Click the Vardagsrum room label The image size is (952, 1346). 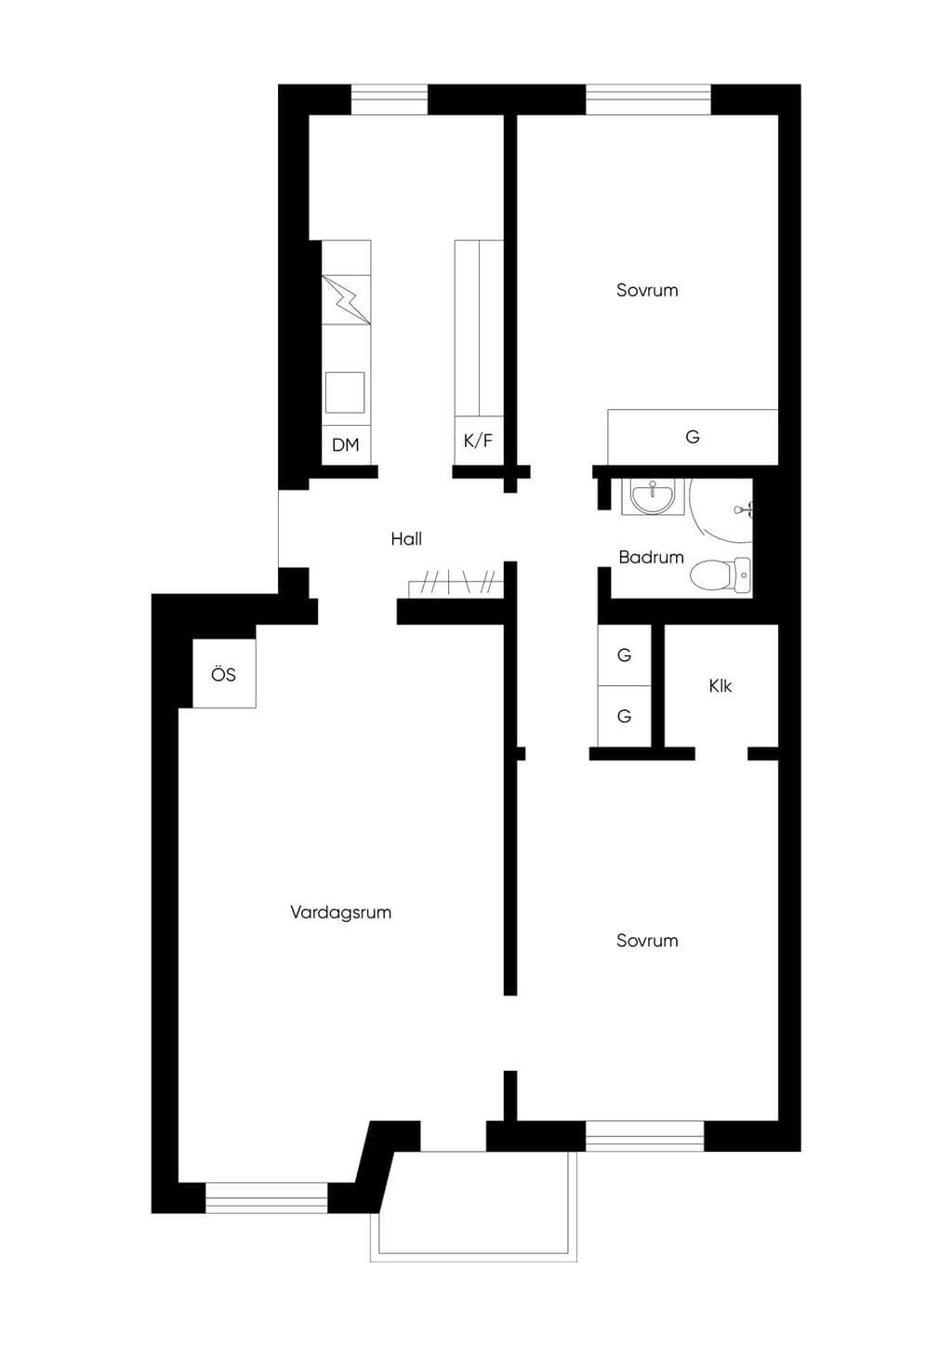340,912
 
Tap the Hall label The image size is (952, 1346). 406,539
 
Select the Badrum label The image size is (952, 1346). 651,557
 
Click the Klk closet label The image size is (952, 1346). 720,686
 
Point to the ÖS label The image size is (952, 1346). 223,674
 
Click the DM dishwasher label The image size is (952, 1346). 346,445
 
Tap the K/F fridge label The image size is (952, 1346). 478,441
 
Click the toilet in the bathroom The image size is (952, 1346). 720,575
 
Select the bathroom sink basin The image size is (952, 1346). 653,496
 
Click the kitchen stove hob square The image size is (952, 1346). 345,392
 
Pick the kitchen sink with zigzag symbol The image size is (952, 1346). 346,300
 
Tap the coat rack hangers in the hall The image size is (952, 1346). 456,584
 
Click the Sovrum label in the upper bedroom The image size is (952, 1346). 647,290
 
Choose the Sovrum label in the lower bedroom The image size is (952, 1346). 647,941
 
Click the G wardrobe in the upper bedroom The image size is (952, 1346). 693,437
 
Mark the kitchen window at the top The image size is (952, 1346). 389,99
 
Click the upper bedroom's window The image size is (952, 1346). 649,99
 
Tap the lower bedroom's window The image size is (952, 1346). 645,1135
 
